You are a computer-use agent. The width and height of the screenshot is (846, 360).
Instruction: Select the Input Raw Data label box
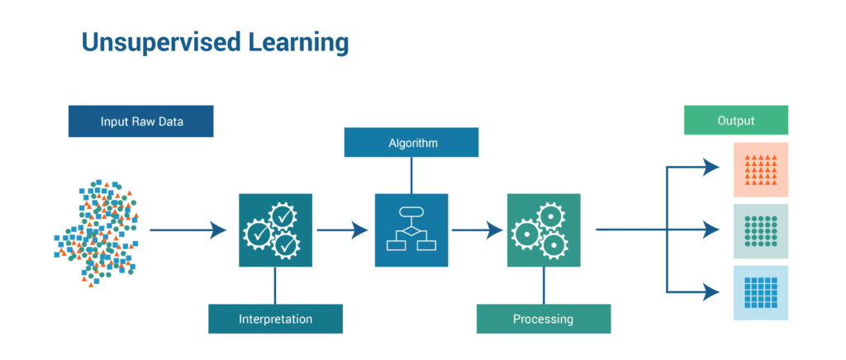pyautogui.click(x=140, y=121)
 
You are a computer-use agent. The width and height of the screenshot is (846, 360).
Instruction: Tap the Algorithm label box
pyautogui.click(x=411, y=142)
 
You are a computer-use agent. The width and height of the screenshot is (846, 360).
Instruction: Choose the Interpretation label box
pyautogui.click(x=275, y=319)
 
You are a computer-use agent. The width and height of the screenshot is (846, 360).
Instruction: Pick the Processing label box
pyautogui.click(x=544, y=319)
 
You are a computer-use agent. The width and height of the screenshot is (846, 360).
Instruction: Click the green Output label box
pyautogui.click(x=736, y=121)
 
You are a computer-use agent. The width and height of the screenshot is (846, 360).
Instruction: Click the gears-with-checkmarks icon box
pyautogui.click(x=275, y=230)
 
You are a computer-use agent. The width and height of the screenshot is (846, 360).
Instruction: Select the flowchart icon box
pyautogui.click(x=411, y=230)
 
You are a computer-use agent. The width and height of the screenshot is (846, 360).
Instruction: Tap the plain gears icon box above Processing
pyautogui.click(x=544, y=230)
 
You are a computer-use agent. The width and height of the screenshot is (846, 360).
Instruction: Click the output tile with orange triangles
pyautogui.click(x=761, y=170)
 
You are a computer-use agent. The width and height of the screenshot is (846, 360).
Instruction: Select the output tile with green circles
pyautogui.click(x=761, y=231)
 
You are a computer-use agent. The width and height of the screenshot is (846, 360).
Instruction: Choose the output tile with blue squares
pyautogui.click(x=761, y=292)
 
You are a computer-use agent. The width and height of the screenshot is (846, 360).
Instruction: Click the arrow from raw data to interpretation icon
pyautogui.click(x=188, y=230)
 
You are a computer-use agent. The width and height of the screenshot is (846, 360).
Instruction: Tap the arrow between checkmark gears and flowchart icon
pyautogui.click(x=343, y=230)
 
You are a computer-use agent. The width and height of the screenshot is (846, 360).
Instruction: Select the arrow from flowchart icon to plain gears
pyautogui.click(x=478, y=230)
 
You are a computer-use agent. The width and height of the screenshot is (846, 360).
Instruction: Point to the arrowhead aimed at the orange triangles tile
pyautogui.click(x=711, y=167)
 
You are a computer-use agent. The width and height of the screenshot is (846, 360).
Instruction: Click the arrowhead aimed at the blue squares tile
pyautogui.click(x=711, y=292)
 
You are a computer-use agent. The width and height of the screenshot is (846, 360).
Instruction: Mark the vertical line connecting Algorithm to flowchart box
pyautogui.click(x=411, y=175)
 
